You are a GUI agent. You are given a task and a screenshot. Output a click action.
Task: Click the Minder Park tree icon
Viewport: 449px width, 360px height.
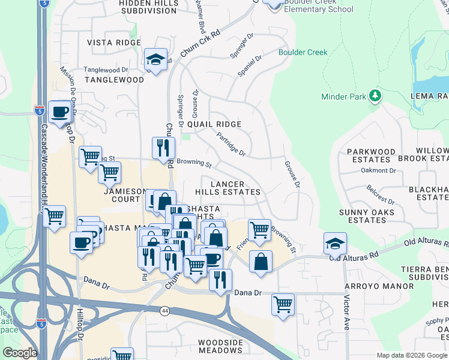pos(376,96)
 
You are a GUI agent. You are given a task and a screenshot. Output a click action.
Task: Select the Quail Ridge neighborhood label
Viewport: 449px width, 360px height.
pos(214,124)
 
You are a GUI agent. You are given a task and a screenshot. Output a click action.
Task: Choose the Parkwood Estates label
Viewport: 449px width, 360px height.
pos(367,155)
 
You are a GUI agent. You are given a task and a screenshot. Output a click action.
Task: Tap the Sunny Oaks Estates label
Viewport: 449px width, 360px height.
pos(367,216)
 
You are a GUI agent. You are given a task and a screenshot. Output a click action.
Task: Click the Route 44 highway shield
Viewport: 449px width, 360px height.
pos(164,311)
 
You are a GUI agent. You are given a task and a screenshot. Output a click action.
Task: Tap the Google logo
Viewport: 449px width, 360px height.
pos(20,353)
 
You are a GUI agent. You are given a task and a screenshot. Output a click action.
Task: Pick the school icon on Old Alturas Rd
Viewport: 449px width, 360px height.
pos(335,243)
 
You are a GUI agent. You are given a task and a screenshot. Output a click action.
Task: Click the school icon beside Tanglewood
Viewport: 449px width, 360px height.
pos(155,59)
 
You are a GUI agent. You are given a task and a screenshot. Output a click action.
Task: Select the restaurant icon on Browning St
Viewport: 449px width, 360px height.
pos(163,148)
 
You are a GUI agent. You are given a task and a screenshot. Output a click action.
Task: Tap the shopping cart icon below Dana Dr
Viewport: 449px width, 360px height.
pos(282,303)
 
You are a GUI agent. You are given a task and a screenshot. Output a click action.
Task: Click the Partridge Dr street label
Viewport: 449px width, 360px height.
pos(231,145)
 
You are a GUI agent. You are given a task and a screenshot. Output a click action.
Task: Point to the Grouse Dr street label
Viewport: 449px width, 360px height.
pos(292,173)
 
